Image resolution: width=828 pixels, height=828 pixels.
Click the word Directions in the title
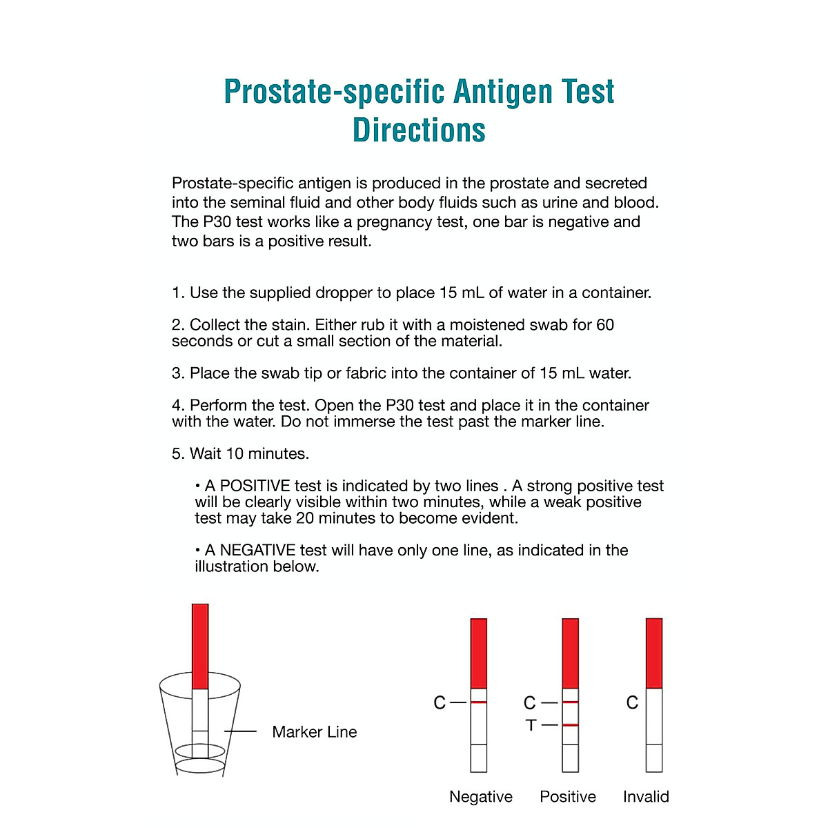(419, 130)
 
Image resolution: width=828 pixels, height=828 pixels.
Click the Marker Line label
(314, 732)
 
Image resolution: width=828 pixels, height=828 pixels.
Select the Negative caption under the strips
(480, 797)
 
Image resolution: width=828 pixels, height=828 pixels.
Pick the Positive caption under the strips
(567, 797)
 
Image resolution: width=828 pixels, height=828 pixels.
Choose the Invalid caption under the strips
(646, 797)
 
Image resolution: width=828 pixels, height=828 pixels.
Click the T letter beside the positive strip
(531, 725)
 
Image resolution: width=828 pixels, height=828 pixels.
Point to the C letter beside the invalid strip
(632, 703)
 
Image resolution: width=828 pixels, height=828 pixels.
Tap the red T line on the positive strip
(570, 725)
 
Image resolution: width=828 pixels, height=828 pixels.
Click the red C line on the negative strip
(478, 702)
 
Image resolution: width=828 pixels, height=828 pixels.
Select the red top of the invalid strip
(653, 653)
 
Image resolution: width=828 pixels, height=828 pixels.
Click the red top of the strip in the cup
(199, 646)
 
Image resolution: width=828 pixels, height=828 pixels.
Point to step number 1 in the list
(177, 293)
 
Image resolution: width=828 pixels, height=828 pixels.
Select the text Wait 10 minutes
(249, 454)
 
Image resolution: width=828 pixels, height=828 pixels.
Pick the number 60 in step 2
(604, 325)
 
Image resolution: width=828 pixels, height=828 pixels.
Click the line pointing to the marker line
(240, 731)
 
